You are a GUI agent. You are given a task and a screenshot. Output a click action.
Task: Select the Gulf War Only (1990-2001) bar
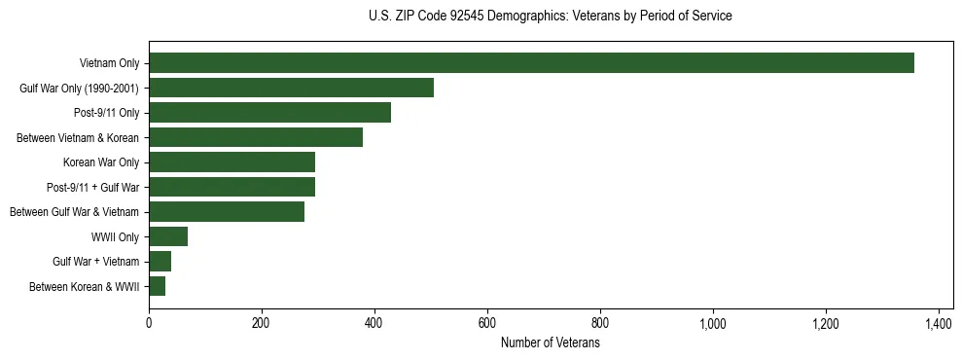tap(291, 89)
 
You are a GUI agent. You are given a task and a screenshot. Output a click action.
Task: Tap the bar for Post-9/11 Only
tap(283, 113)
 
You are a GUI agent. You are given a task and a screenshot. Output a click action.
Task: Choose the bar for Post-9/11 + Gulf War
tap(232, 187)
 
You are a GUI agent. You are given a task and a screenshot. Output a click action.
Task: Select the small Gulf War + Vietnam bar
tap(160, 261)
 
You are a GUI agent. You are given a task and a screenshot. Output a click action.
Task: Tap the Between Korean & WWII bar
tap(157, 286)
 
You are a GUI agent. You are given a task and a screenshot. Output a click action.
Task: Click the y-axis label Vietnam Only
tap(109, 64)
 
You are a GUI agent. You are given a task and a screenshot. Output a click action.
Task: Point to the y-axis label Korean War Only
tap(101, 162)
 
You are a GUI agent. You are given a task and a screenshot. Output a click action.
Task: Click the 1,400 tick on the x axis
tap(939, 322)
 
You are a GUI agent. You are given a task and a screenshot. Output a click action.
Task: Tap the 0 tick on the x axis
tap(149, 322)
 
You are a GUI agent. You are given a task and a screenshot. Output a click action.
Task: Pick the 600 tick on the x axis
tap(487, 322)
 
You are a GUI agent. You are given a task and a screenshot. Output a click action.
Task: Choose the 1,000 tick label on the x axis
tap(713, 322)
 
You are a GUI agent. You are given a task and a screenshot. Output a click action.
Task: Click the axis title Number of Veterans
tap(550, 342)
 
